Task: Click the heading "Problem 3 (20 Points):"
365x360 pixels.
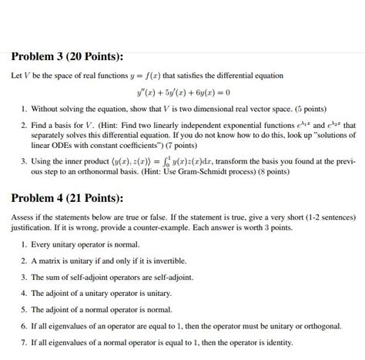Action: (x=66, y=56)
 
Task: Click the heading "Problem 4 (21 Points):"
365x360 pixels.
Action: (x=66, y=198)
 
